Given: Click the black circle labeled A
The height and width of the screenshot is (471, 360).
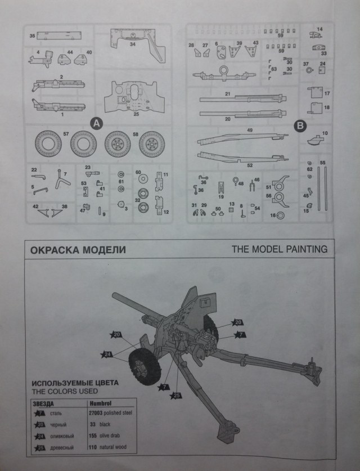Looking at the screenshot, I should click(x=96, y=123).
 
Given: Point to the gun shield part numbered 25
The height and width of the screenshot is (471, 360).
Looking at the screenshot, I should click(x=136, y=97).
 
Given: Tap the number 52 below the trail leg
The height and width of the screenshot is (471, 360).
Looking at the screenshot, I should click(x=250, y=165).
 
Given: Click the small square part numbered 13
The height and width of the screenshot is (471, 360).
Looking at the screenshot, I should click(x=231, y=209).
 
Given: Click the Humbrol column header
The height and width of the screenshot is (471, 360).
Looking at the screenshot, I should click(x=100, y=403).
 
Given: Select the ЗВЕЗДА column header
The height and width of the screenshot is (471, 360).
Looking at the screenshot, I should click(x=44, y=403).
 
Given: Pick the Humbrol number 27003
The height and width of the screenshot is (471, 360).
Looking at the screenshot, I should click(x=98, y=414).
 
